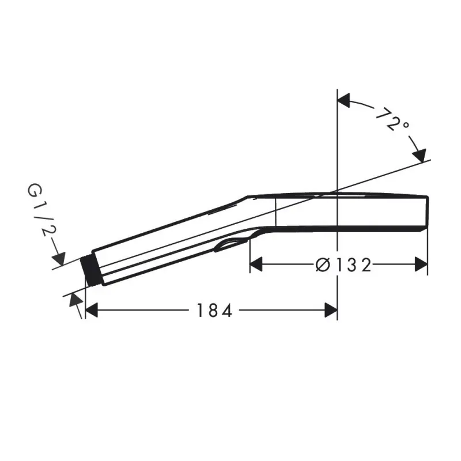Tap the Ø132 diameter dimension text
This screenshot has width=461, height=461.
(x=343, y=265)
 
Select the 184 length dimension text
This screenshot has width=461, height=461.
(x=214, y=311)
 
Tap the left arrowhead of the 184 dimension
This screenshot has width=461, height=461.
(x=91, y=310)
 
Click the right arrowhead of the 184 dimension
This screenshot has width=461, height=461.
(x=331, y=310)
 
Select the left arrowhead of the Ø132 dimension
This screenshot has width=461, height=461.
(x=256, y=264)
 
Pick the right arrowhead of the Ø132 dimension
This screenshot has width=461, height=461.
(x=421, y=264)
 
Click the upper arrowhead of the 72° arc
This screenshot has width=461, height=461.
(x=344, y=100)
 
